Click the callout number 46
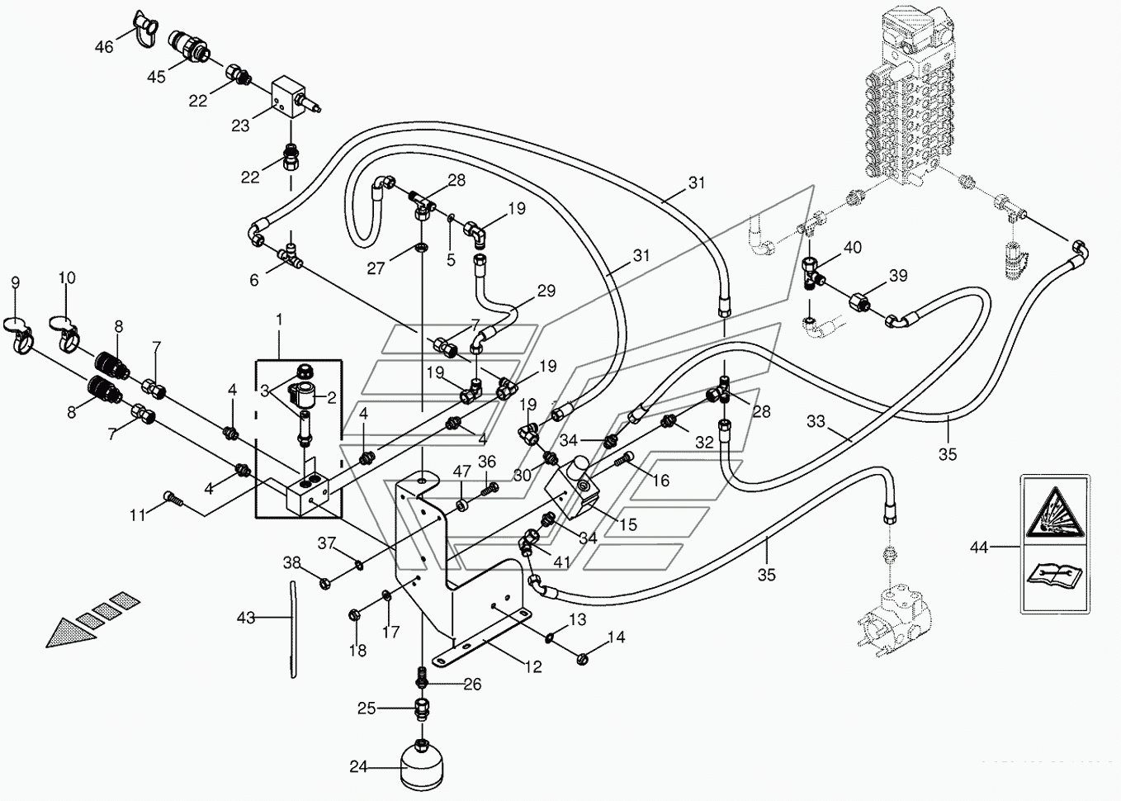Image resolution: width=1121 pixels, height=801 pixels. (x=104, y=47)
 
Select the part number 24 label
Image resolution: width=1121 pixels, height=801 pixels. (x=357, y=767)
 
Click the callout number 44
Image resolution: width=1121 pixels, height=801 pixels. (x=979, y=547)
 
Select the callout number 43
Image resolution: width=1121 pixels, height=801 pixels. (x=246, y=617)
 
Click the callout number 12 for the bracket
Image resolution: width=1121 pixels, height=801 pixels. (x=534, y=666)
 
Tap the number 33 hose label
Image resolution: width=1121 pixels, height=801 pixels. (x=816, y=422)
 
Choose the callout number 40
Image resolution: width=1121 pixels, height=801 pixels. (x=853, y=247)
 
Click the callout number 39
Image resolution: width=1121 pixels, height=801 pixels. (x=897, y=276)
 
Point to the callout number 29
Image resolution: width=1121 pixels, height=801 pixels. (x=546, y=291)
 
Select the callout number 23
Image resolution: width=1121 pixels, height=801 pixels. (x=240, y=126)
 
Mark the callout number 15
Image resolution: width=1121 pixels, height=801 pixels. (x=628, y=524)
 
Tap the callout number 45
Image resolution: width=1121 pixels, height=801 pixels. (x=156, y=77)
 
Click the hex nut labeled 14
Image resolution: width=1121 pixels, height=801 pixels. (x=582, y=658)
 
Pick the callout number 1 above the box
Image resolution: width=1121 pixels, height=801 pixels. (x=279, y=319)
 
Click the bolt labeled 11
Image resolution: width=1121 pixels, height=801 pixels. (x=173, y=498)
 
